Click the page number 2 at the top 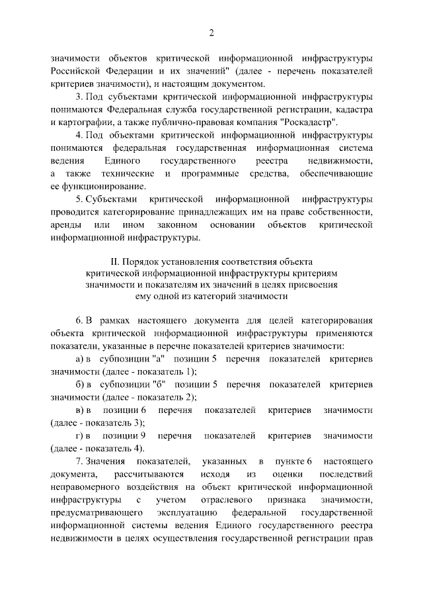[211, 33]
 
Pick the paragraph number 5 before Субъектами [79, 199]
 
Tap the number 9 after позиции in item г [143, 435]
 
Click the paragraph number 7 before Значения [79, 461]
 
